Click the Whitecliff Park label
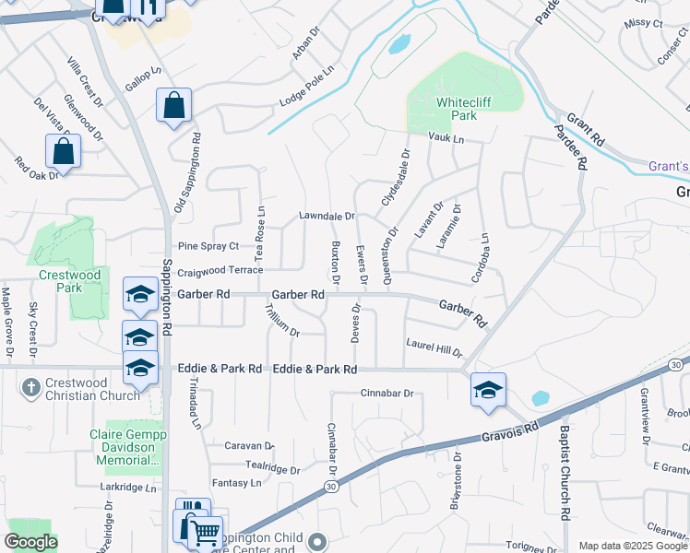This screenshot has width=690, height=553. [x=457, y=109]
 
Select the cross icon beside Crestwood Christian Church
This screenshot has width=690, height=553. [x=31, y=386]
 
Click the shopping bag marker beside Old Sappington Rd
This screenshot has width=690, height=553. [x=173, y=107]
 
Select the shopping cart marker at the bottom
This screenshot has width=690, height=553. [x=206, y=533]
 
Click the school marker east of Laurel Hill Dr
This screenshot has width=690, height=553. [x=488, y=390]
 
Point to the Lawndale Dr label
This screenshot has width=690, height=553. [x=327, y=216]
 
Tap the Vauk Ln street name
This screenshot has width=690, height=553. [x=446, y=137]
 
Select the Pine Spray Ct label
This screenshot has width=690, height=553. [x=208, y=246]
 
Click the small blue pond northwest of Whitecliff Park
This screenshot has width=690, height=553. [x=399, y=43]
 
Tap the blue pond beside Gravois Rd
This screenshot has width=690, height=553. [x=541, y=399]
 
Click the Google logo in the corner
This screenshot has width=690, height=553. [x=30, y=542]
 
